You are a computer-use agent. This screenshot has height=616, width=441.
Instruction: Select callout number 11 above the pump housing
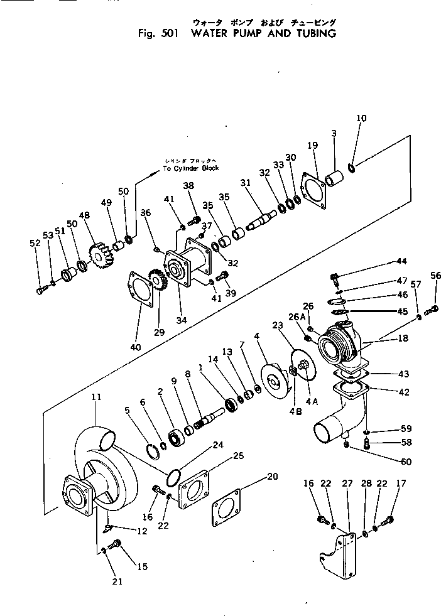point(96,397)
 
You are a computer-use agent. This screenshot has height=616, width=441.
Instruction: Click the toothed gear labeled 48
point(102,257)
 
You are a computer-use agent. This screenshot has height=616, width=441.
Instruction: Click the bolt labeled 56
point(432,308)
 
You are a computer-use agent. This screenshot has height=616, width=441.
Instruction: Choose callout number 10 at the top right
point(361,118)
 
